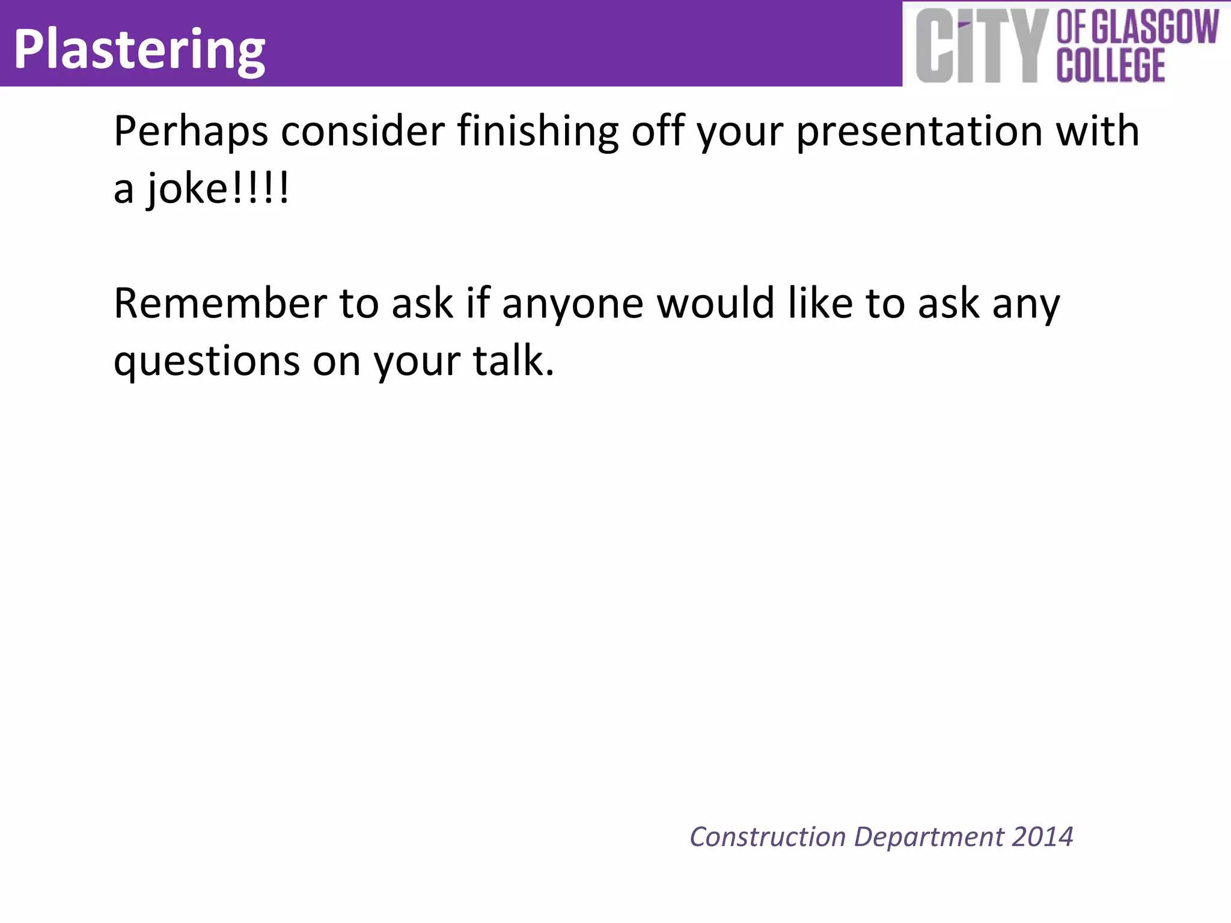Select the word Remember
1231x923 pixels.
pyautogui.click(x=219, y=303)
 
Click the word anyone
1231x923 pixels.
pyautogui.click(x=572, y=304)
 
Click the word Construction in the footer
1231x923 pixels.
pyautogui.click(x=768, y=837)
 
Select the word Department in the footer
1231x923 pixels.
pyautogui.click(x=929, y=837)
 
